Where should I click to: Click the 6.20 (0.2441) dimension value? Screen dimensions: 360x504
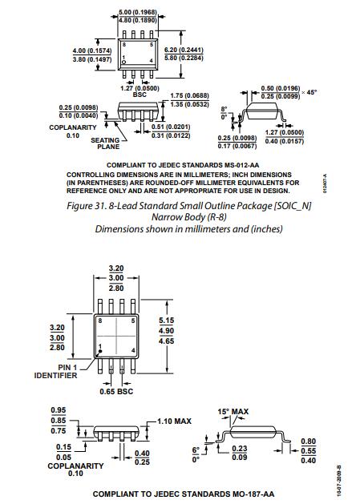tap(184, 50)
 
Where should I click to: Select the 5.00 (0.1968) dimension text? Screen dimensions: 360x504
tap(138, 12)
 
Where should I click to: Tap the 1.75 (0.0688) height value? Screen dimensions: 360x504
tap(189, 96)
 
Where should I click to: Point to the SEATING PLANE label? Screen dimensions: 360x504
tap(105, 143)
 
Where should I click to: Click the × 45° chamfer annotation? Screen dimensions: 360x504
tap(309, 92)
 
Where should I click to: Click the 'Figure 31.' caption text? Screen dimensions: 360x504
tap(87, 206)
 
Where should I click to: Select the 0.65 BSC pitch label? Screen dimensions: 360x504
tap(116, 392)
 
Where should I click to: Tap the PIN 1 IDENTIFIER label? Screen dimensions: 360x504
tap(55, 371)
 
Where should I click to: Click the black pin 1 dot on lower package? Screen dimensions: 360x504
tap(100, 351)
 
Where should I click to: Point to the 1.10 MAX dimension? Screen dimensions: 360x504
tap(174, 421)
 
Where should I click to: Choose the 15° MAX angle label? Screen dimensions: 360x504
tap(233, 411)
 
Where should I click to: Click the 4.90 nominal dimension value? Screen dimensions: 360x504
tap(166, 331)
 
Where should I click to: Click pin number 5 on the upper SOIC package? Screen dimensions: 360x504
tap(152, 45)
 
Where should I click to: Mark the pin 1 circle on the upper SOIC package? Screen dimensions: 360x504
tap(123, 62)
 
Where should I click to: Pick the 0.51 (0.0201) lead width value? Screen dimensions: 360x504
tap(171, 127)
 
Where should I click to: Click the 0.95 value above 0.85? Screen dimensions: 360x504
tap(59, 410)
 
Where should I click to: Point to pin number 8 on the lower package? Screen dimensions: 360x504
tap(100, 321)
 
